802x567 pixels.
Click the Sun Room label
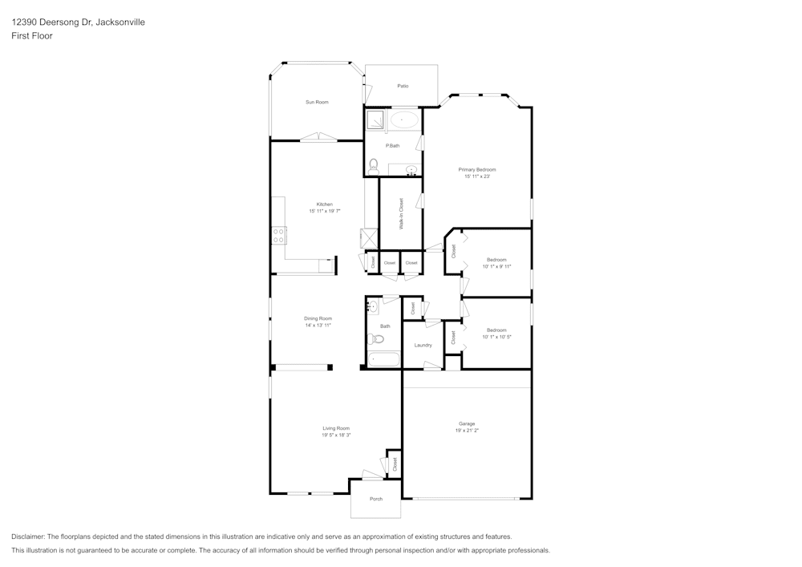316,102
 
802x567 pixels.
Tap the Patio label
402,86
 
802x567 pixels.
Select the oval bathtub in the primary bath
403,120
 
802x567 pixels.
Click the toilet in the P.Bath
374,165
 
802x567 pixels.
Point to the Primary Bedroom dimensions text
476,176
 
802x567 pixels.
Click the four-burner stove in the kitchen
279,235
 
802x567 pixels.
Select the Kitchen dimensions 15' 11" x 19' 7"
325,211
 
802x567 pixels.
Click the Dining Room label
318,318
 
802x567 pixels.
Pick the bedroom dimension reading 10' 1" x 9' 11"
496,266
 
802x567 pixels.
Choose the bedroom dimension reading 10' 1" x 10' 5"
496,337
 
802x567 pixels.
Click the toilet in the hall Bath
378,338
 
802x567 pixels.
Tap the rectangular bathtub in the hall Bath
383,358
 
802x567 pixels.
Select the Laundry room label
423,345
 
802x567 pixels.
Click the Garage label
467,423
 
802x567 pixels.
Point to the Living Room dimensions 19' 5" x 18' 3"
336,435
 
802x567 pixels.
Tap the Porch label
375,499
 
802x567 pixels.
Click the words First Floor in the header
32,36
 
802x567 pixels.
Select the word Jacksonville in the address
119,22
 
